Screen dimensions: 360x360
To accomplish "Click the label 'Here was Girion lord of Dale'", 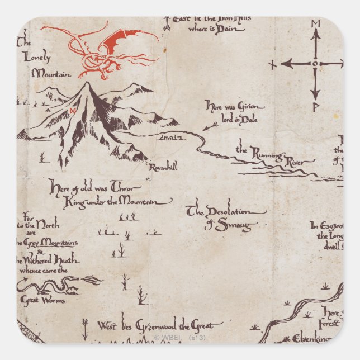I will pyautogui.click(x=234, y=110).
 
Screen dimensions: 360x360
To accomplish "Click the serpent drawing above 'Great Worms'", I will pyautogui.click(x=56, y=286).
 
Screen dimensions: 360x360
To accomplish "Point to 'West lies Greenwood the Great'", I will pyautogui.click(x=160, y=325).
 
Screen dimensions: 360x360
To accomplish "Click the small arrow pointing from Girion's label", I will pyautogui.click(x=210, y=126).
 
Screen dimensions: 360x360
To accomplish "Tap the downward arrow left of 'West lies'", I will pyautogui.click(x=85, y=328).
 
